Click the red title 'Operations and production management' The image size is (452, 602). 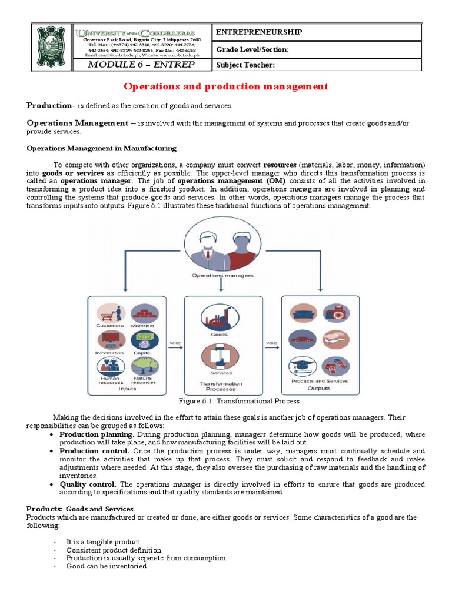pyautogui.click(x=226, y=86)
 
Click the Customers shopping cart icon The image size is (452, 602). pyautogui.click(x=110, y=312)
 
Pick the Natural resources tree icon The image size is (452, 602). pyautogui.click(x=143, y=366)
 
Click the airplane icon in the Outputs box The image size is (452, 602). pyautogui.click(x=335, y=339)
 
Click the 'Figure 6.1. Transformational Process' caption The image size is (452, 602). pyautogui.click(x=238, y=401)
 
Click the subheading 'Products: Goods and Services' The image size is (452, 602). pyautogui.click(x=80, y=509)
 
